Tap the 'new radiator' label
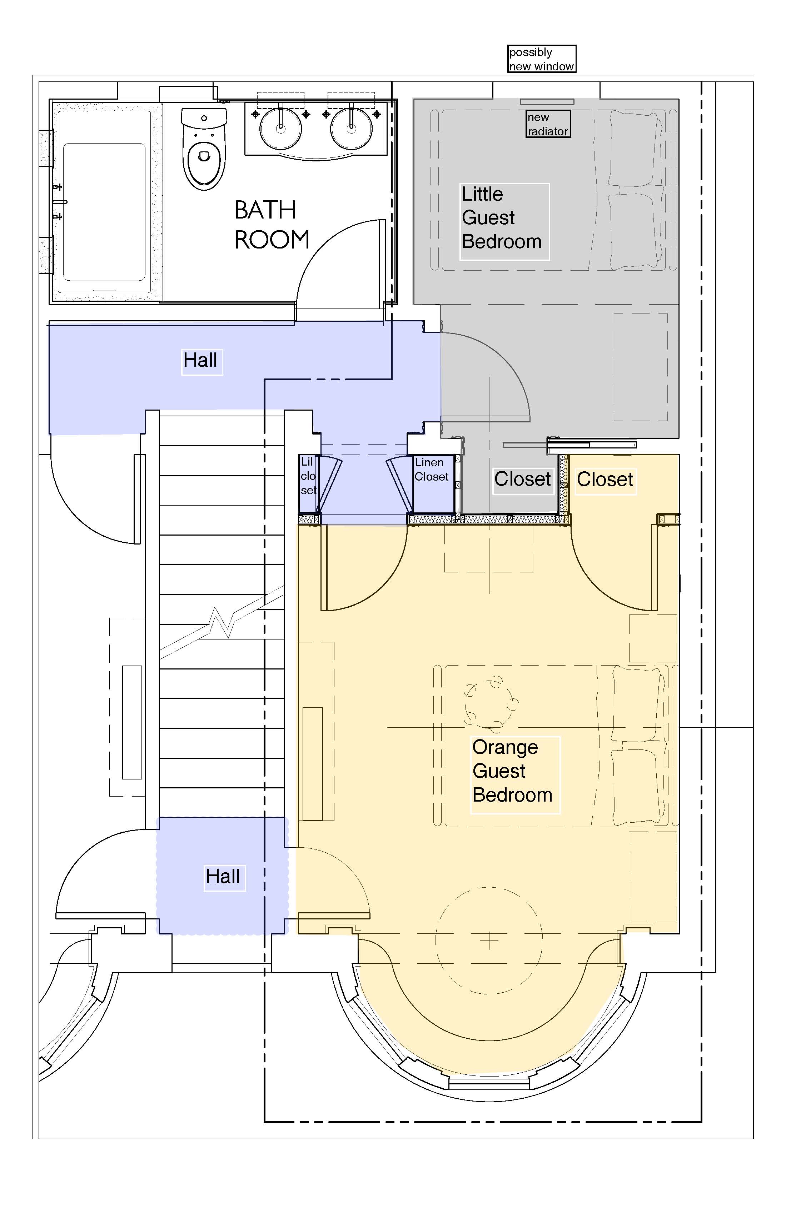pyautogui.click(x=548, y=124)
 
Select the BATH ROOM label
pyautogui.click(x=272, y=225)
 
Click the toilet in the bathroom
pyautogui.click(x=204, y=149)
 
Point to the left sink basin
pyautogui.click(x=281, y=127)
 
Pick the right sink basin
pyautogui.click(x=351, y=127)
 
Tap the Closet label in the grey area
pyautogui.click(x=523, y=480)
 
